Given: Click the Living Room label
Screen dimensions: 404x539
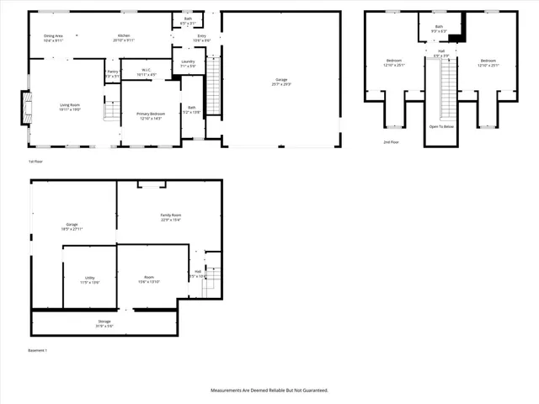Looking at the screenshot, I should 69,104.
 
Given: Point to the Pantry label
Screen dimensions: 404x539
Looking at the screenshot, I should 113,72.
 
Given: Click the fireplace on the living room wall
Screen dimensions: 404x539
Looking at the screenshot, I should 27,108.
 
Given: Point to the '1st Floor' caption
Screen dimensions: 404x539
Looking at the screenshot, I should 35,161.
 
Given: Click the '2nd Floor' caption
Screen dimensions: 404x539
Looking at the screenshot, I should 391,142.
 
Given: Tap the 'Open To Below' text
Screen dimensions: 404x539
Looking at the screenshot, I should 440,127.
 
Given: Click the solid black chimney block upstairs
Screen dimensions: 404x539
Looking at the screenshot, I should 456,35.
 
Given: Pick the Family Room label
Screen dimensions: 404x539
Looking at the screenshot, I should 171,215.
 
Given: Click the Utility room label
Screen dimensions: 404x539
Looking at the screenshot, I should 89,277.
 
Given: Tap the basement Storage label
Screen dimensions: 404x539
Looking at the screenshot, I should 104,322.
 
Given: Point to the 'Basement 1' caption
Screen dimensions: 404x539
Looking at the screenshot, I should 39,349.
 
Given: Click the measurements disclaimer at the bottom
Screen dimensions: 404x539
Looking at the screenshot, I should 269,391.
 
